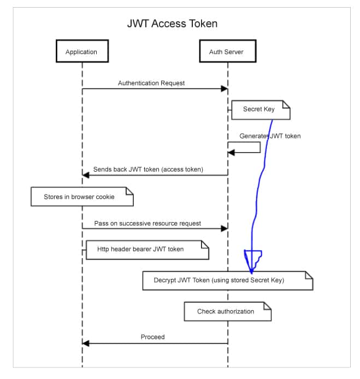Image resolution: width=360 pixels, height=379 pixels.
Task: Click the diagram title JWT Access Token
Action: coord(172,24)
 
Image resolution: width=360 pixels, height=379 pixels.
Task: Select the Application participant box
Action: coord(81,52)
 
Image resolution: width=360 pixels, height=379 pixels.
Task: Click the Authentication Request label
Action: coord(151,83)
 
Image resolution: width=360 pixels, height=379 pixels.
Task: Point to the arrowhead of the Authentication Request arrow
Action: coord(225,89)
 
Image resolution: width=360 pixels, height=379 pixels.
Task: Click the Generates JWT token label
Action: coord(270,136)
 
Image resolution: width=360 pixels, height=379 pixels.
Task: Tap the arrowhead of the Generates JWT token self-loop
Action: coord(231,152)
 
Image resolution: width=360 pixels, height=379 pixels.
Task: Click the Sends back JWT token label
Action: coord(147,170)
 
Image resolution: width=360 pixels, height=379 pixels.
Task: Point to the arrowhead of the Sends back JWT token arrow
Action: coord(85,175)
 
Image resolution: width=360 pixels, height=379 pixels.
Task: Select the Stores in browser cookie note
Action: coord(81,196)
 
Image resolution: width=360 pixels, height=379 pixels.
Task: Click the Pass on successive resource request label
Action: coord(147,223)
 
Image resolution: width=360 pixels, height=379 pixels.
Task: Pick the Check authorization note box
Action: coord(226,311)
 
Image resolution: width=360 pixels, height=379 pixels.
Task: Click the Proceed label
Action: coord(152,337)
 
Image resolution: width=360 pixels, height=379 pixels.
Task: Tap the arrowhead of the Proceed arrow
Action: coord(85,343)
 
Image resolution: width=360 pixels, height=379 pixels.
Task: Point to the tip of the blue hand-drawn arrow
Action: coord(251,273)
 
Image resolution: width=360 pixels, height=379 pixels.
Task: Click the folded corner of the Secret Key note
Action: coord(286,104)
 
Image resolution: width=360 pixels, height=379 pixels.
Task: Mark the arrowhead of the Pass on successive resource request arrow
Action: coord(225,229)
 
